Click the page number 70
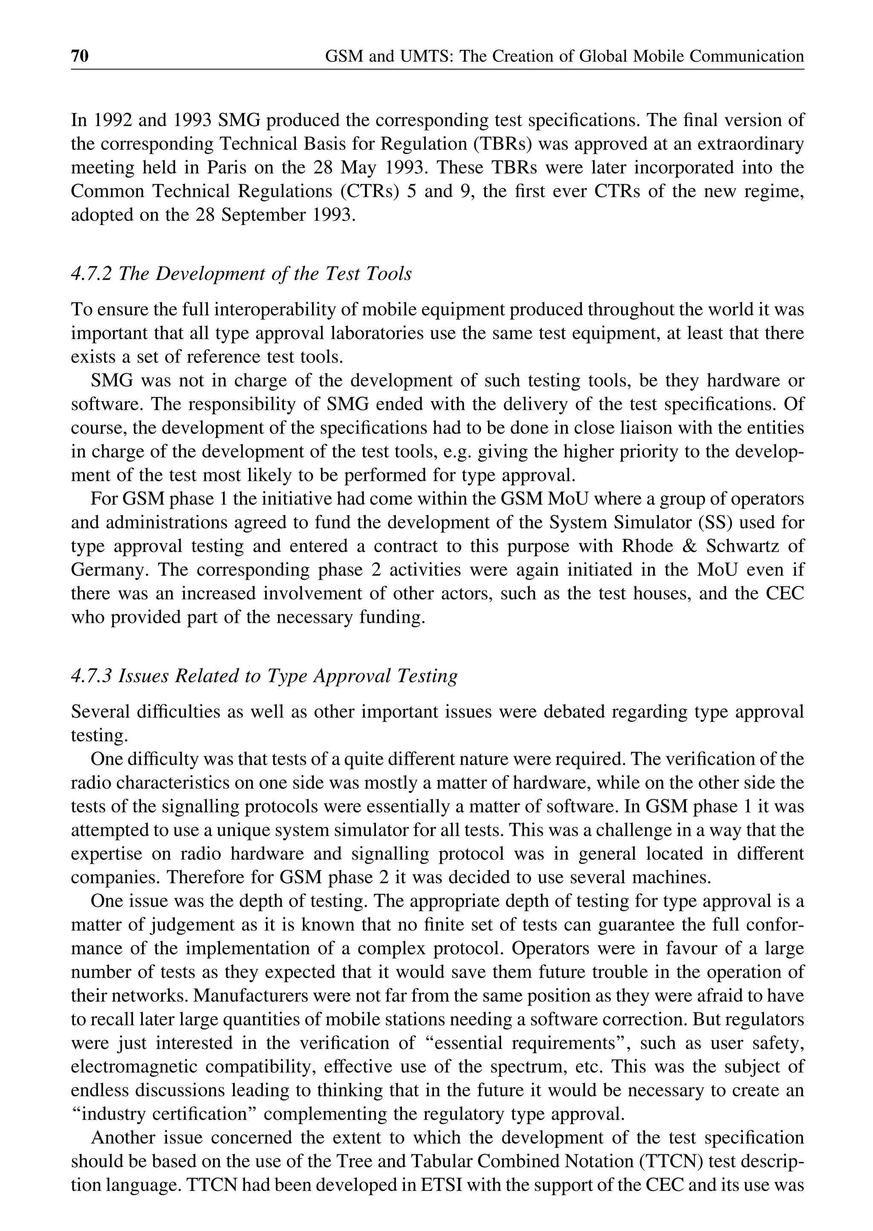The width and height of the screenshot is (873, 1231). pos(80,56)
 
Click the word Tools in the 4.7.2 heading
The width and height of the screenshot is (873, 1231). pos(389,274)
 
